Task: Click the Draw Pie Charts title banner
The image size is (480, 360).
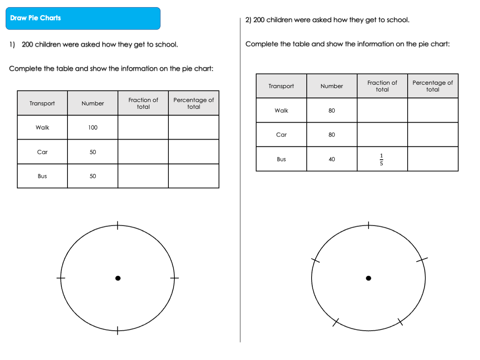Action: coord(83,18)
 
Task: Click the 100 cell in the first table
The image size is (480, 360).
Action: coord(93,127)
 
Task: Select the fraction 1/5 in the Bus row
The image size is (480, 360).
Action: coord(381,159)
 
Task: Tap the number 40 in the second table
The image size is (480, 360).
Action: coord(332,159)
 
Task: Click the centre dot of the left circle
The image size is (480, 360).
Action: coord(118,278)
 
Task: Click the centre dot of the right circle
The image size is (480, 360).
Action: coord(369,278)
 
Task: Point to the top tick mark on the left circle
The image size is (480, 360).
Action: coord(118,225)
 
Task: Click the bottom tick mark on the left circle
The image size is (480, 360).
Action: coord(118,330)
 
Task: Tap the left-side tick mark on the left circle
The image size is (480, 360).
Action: coord(61,278)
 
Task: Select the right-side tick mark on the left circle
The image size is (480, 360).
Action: coord(174,278)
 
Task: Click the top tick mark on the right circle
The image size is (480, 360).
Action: coord(369,225)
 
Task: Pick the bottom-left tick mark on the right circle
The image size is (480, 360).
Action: coord(336,322)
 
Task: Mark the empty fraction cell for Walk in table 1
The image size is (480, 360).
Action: coord(143,127)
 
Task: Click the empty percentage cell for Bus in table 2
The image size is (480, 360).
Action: coord(433,159)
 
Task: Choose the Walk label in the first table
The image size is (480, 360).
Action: coord(42,127)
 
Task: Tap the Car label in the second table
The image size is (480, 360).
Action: coord(281,135)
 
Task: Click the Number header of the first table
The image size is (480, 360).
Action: coord(93,103)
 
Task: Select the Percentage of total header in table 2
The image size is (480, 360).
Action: coord(433,86)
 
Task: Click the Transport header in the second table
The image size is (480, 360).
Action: coord(281,86)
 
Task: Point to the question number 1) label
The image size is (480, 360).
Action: coord(12,45)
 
